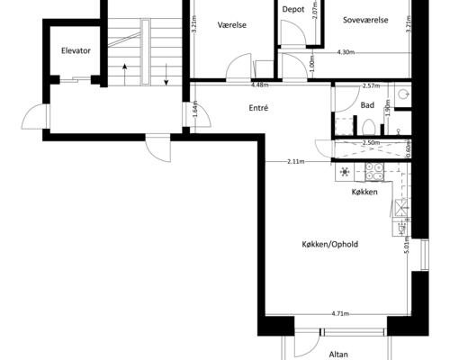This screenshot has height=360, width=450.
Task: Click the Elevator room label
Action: click(x=76, y=50)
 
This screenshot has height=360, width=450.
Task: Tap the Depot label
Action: click(x=293, y=10)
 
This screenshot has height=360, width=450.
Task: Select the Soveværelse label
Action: click(x=365, y=20)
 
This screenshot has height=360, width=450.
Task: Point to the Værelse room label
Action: click(x=232, y=25)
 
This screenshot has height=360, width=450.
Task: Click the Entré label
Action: click(x=258, y=108)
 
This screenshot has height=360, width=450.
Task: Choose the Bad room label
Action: click(x=367, y=105)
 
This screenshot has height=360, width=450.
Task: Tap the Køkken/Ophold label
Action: click(x=330, y=244)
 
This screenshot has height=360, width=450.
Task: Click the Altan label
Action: click(x=338, y=355)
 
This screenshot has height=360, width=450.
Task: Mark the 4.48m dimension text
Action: click(x=260, y=85)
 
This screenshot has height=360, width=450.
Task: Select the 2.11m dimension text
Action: click(x=296, y=162)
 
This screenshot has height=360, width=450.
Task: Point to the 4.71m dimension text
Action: click(x=340, y=314)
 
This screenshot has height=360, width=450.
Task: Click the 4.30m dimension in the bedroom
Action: click(x=346, y=52)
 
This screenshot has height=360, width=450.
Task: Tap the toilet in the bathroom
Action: click(x=368, y=127)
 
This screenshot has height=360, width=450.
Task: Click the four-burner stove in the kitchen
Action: click(x=374, y=172)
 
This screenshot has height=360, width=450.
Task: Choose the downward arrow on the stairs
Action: click(x=166, y=74)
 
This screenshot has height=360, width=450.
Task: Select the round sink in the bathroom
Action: click(x=402, y=94)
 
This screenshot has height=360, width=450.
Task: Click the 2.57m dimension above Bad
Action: click(x=371, y=86)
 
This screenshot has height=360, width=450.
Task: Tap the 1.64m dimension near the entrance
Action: click(x=195, y=112)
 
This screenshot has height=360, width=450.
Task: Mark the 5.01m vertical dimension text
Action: click(x=407, y=246)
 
